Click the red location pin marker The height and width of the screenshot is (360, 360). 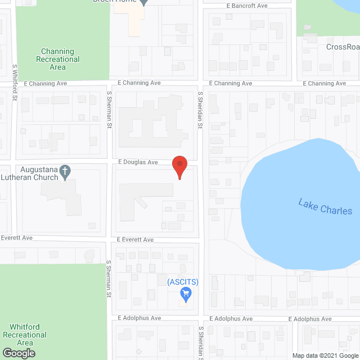pos(179,167)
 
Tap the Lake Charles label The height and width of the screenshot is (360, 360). pos(325,206)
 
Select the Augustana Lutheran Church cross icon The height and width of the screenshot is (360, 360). pos(65,170)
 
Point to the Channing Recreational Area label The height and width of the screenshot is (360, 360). pos(58,59)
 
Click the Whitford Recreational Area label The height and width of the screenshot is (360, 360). pos(25,335)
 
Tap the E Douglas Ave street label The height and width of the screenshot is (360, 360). pos(138,162)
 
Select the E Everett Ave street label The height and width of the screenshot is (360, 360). pos(135,240)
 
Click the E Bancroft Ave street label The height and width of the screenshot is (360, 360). pos(247,6)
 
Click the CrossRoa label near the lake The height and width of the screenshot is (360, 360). pos(343,47)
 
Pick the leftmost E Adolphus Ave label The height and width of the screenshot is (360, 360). pos(139,318)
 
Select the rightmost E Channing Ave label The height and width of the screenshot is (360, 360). pos(325,83)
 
